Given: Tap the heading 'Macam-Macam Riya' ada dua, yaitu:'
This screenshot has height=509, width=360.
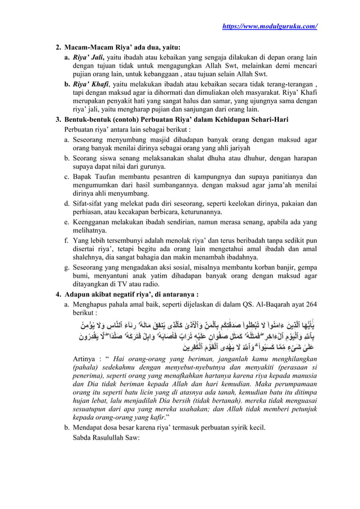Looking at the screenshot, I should coord(122,49).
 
